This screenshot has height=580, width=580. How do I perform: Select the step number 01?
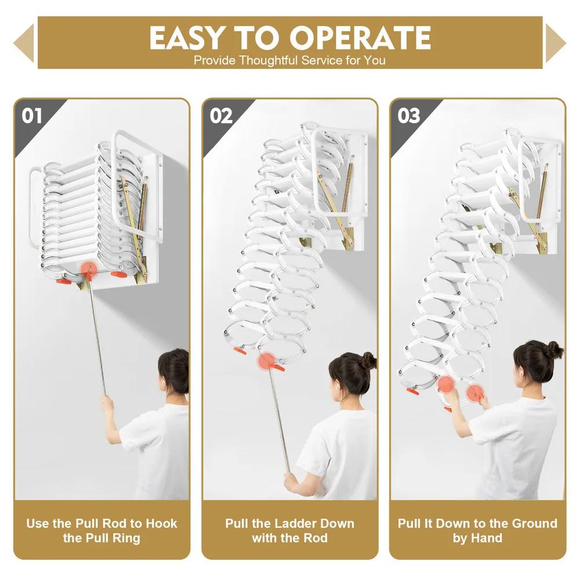(32, 115)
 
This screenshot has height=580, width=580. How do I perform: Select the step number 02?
(221, 115)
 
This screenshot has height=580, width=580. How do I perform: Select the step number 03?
(408, 115)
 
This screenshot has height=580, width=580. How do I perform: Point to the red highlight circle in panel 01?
(88, 269)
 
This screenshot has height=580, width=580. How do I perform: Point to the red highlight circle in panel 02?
(267, 361)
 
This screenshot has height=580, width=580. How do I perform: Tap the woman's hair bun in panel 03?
(553, 349)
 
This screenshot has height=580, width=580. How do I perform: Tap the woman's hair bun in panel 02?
(368, 360)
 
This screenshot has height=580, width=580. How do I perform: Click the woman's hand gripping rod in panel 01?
(107, 402)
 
